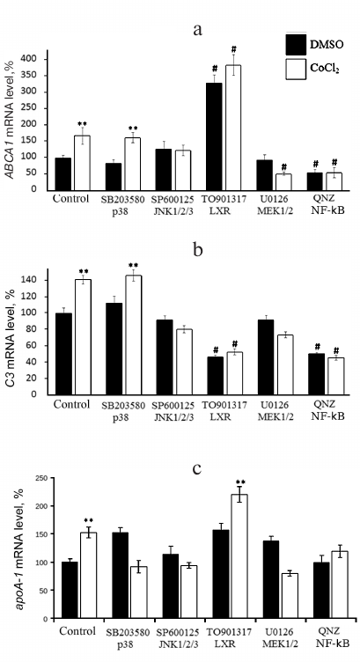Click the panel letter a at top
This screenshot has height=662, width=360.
click(197, 29)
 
